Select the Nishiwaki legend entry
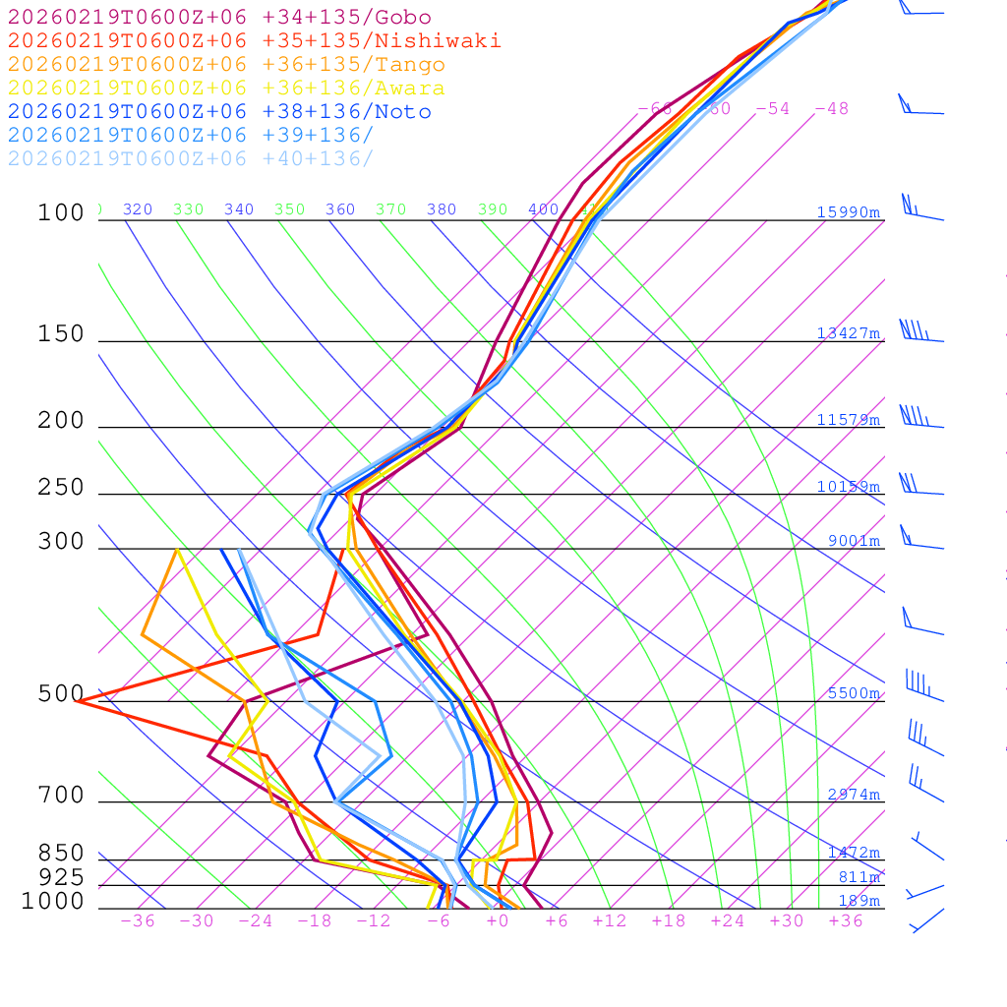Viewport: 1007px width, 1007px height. click(x=254, y=41)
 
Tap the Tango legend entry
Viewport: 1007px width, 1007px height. click(x=226, y=65)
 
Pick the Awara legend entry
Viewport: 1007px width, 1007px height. click(x=226, y=89)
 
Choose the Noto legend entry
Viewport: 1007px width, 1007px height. click(x=219, y=112)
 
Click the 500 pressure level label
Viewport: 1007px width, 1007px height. click(x=61, y=694)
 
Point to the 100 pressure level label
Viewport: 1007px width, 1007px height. click(x=61, y=213)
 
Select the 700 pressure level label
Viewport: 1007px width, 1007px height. click(x=61, y=796)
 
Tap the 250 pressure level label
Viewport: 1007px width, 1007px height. click(x=61, y=488)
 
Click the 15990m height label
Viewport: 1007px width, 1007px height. click(x=848, y=212)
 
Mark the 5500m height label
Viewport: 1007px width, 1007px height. click(x=853, y=693)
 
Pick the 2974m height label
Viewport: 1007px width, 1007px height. click(x=853, y=795)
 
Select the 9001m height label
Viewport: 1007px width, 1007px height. click(x=853, y=541)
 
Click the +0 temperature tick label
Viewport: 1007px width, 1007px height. click(x=497, y=921)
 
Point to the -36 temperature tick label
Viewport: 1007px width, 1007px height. click(x=137, y=921)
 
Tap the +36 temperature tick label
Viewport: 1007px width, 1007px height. click(x=845, y=921)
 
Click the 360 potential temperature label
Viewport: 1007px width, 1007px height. click(x=339, y=209)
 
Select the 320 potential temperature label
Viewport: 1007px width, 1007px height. click(x=137, y=209)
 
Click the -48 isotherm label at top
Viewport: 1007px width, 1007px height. click(x=831, y=109)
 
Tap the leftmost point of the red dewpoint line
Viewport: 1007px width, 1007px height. click(x=77, y=701)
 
